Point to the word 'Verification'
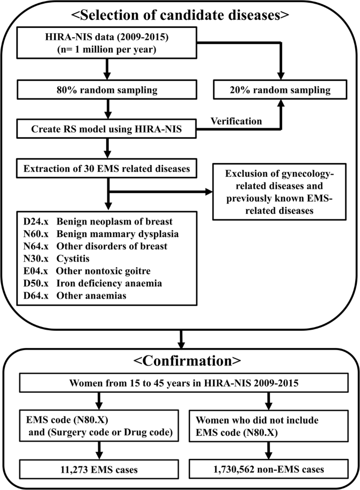tap(236, 121)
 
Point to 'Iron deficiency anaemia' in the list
tap(104, 283)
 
